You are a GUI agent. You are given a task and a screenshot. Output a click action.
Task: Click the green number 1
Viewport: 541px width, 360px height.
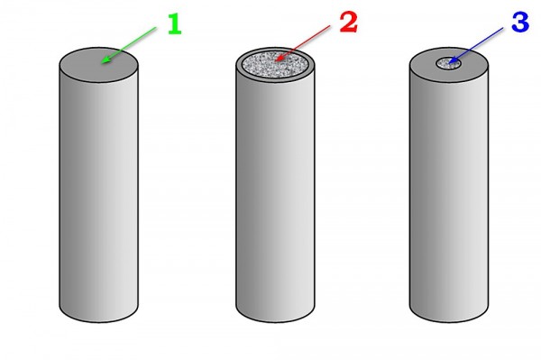[x=175, y=24]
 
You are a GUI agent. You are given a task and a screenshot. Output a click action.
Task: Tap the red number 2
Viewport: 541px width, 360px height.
[x=348, y=22]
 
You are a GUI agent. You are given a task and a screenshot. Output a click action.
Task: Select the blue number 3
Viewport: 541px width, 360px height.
[x=520, y=23]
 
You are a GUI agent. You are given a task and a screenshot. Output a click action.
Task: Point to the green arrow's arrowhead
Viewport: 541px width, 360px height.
[x=105, y=60]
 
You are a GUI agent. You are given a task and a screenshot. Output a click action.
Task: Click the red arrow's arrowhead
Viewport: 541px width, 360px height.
[x=280, y=58]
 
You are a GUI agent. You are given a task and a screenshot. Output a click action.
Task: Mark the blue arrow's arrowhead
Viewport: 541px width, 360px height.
[x=453, y=61]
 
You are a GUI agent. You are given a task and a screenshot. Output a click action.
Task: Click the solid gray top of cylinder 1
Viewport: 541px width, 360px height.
[x=98, y=65]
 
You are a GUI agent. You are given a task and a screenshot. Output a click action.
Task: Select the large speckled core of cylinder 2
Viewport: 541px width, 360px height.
[x=275, y=65]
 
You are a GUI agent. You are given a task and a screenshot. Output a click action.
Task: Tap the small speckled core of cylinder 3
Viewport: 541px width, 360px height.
[x=448, y=64]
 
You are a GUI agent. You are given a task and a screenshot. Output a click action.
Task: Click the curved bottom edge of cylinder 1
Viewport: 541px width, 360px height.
[x=98, y=322]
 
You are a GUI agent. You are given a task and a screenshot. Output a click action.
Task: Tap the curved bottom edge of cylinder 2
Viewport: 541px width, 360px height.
[x=275, y=322]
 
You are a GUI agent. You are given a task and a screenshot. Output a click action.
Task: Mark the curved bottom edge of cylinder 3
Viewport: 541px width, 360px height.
[x=449, y=322]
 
